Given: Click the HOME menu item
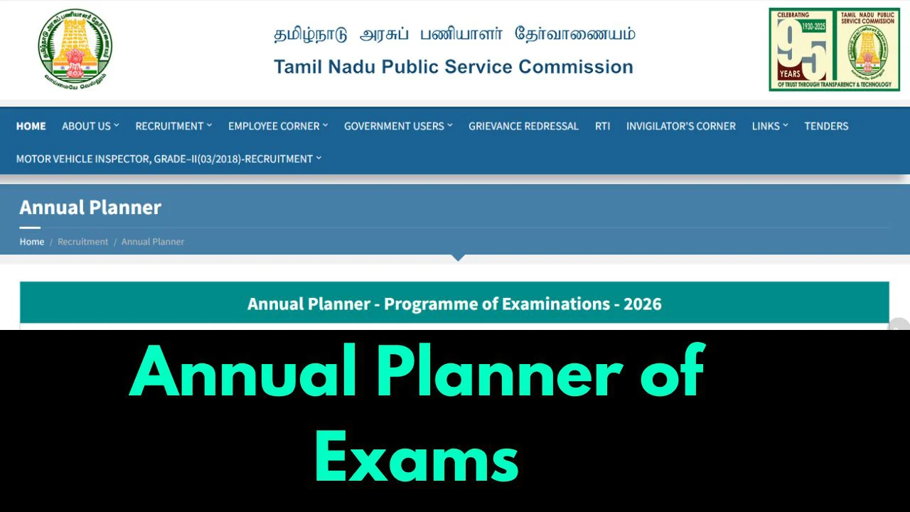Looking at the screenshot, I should pos(31,126).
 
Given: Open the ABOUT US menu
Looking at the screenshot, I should pos(90,126).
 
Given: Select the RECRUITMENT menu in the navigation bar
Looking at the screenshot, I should pos(173,126).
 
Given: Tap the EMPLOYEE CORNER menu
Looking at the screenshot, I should pos(278,126).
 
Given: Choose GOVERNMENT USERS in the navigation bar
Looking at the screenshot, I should pos(398,126).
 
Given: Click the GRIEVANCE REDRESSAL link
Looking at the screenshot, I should pos(523,126).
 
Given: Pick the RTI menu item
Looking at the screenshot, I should pos(602,126).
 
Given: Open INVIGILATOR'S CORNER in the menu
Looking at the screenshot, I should pos(680,126).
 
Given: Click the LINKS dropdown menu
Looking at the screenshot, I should pos(770,126).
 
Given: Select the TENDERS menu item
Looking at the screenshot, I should pos(826,126).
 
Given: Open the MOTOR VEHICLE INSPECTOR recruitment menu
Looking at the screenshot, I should pos(168,159).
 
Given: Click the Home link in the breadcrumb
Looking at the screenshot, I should pos(32,242).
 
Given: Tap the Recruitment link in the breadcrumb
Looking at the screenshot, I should pos(82,242).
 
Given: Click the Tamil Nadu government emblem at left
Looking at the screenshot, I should pos(75,48).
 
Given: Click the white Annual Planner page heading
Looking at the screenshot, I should pos(90,208).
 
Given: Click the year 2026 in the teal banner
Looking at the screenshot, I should pos(642,304).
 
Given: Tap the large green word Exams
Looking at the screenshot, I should pos(417,454).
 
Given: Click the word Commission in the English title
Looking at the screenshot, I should pos(576,67).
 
